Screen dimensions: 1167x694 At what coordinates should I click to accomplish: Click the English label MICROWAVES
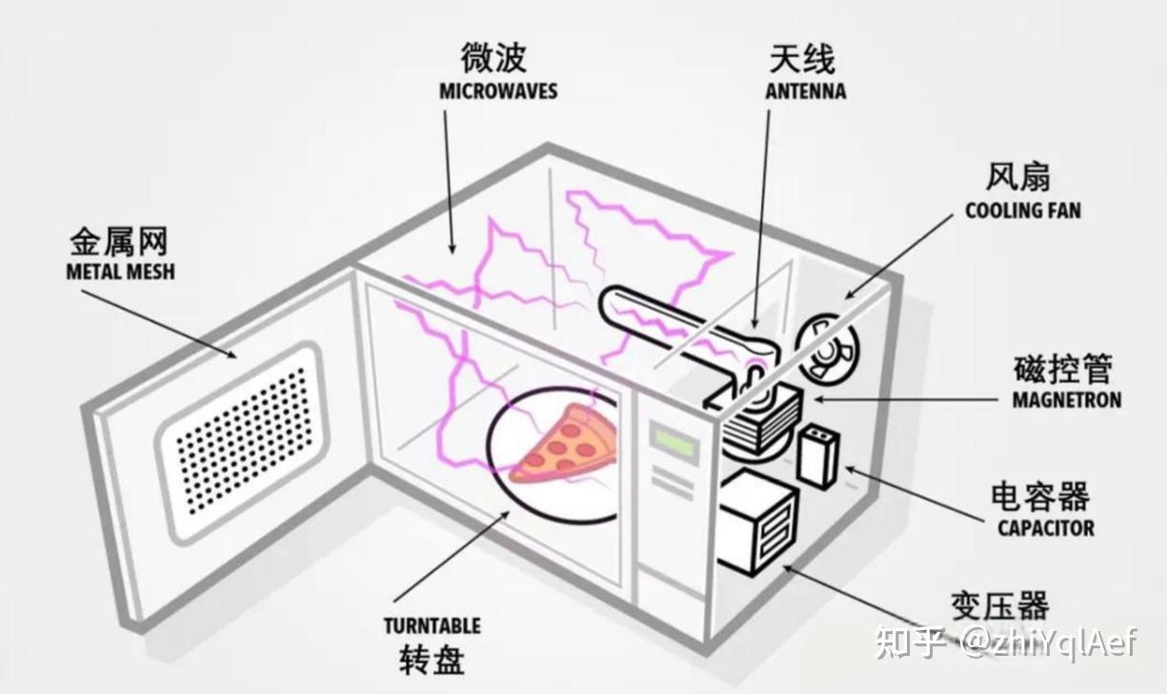click(498, 92)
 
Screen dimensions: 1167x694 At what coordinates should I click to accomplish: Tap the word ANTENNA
click(805, 92)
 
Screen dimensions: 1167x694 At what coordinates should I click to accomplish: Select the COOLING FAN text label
click(1023, 211)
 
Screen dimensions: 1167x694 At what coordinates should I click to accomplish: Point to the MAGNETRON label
click(1067, 400)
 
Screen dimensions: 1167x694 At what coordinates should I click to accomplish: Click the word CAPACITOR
click(1046, 528)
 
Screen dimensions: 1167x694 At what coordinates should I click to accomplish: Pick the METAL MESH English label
click(120, 272)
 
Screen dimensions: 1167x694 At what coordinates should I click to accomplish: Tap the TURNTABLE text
click(433, 626)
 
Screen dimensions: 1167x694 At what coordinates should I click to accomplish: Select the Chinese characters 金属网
click(119, 242)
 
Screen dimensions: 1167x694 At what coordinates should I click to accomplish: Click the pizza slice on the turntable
click(565, 444)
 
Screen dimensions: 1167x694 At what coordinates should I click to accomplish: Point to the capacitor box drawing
click(818, 457)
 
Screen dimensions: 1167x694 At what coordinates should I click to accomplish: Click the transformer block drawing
click(758, 521)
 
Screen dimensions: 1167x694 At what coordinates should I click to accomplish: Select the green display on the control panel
click(674, 441)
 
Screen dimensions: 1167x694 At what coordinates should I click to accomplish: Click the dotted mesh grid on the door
click(241, 441)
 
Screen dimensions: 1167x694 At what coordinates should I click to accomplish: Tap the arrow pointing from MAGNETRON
click(905, 400)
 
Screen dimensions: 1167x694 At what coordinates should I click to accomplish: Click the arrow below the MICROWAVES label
click(449, 182)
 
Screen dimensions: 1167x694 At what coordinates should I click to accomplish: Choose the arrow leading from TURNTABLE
click(452, 556)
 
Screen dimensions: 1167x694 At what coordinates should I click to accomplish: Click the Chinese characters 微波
click(493, 57)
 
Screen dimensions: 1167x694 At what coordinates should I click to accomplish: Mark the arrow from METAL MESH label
click(159, 324)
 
